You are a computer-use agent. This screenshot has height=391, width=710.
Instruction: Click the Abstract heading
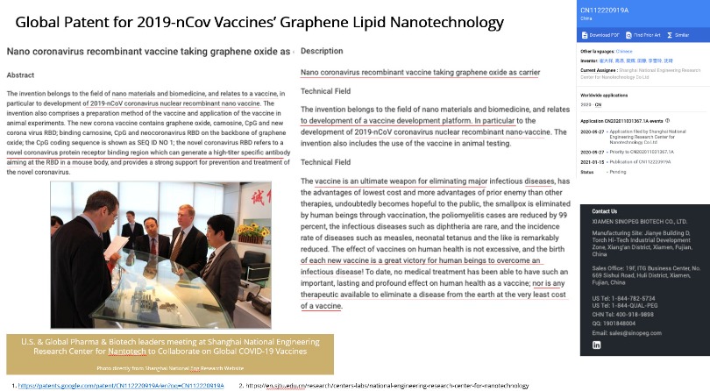[x=21, y=75]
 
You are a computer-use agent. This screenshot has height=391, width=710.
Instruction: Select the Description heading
[x=322, y=52]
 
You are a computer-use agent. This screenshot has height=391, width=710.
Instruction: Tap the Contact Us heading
[x=605, y=211]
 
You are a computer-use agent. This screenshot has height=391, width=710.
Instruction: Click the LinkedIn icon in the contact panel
[x=597, y=345]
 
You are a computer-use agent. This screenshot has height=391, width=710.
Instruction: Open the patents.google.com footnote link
[x=123, y=385]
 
